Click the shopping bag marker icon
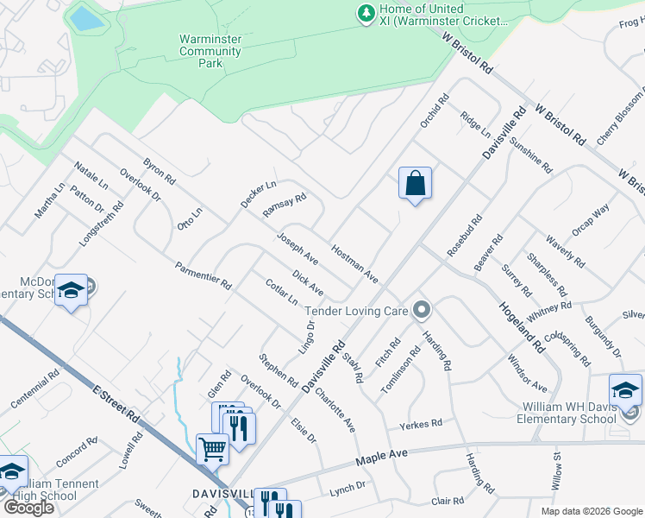415,183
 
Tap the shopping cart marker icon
212,447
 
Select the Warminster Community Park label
210,51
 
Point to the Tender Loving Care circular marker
422,308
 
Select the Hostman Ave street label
354,262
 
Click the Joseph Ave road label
297,248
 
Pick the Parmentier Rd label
203,275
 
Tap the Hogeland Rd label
522,325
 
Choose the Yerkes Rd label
420,424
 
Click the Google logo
28,508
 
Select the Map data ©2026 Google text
592,511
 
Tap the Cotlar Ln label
281,292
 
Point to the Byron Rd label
160,170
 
